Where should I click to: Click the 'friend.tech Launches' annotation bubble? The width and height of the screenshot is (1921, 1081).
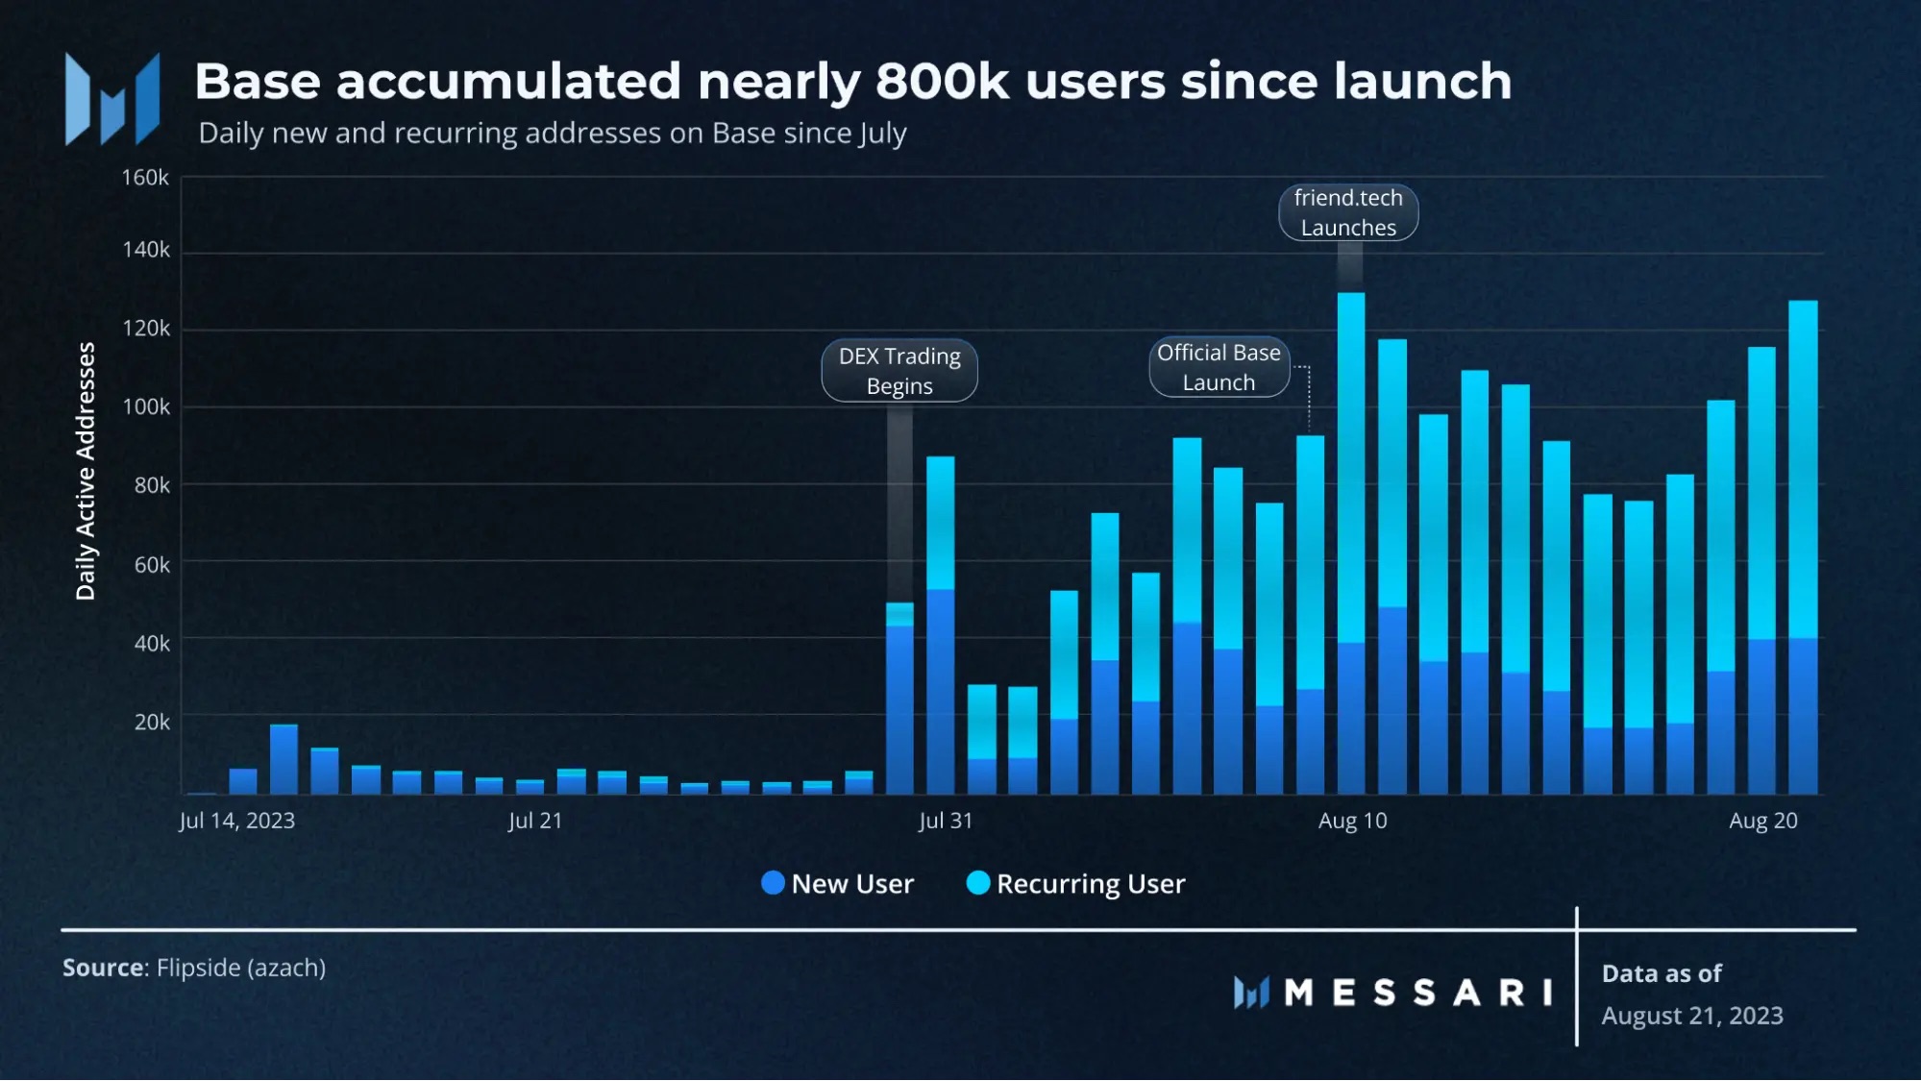coord(1347,212)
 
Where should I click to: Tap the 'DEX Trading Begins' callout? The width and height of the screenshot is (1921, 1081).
coord(899,371)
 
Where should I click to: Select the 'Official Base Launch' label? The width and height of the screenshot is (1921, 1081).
coord(1218,367)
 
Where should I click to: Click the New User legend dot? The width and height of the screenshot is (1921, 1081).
coord(773,883)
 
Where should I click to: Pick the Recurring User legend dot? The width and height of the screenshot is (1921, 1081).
coord(977,883)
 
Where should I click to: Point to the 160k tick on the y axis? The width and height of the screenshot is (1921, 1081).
coord(145,178)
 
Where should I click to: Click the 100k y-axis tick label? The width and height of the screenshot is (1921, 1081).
coord(146,406)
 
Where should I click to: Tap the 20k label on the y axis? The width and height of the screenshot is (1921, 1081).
coord(152,722)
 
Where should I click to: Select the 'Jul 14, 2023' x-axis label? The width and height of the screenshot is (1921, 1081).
coord(236,821)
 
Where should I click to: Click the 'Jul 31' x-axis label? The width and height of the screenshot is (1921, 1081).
coord(945,821)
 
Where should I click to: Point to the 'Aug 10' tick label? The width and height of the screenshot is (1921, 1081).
coord(1352,821)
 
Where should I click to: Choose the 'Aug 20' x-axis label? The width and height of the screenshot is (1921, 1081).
coord(1762,821)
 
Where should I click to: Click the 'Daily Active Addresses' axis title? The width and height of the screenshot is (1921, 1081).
coord(86,471)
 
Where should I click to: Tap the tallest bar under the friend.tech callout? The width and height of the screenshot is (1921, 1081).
coord(1350,543)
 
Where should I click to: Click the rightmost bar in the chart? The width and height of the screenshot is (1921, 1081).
coord(1802,548)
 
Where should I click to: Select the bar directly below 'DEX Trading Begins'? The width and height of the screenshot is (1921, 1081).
coord(899,699)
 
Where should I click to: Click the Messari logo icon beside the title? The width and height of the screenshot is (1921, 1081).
coord(112,99)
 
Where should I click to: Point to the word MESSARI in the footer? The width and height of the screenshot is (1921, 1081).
coord(1417,993)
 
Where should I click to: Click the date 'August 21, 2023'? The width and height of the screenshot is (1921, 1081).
coord(1691,1016)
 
